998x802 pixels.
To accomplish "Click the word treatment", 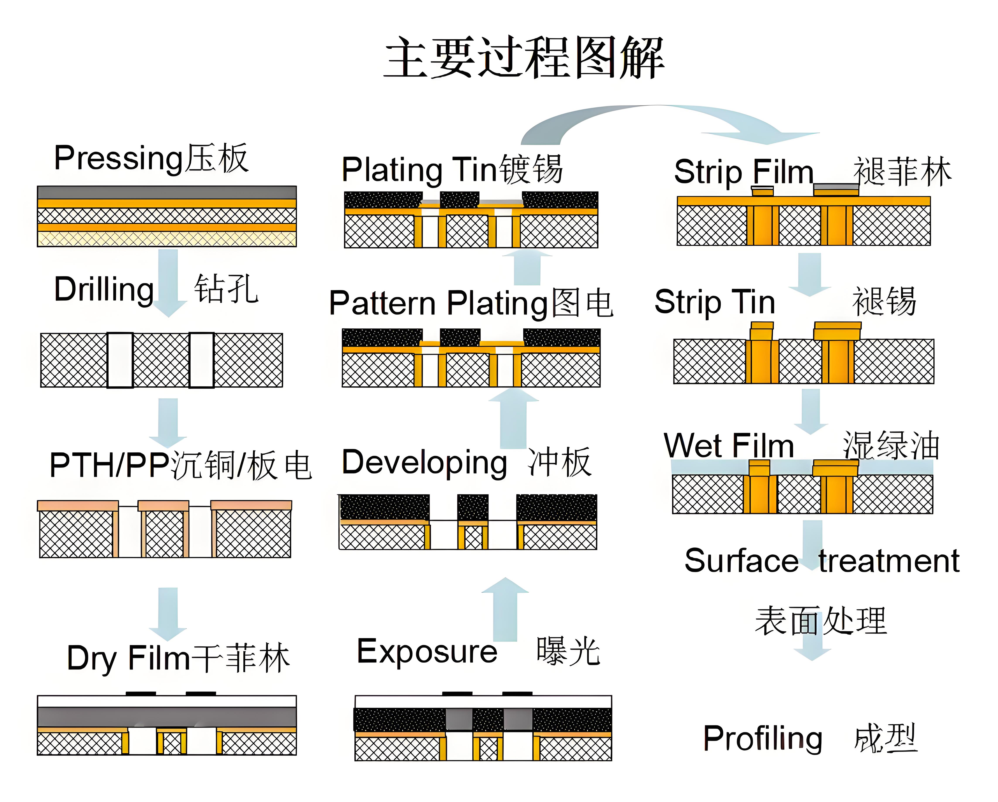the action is coord(889,561).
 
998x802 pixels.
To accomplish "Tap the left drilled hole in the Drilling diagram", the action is coord(120,360).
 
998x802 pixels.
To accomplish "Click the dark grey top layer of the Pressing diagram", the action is coord(167,192).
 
